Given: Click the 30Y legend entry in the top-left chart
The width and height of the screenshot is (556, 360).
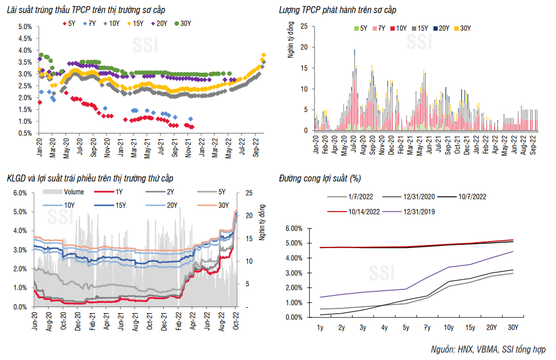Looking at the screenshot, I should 182,23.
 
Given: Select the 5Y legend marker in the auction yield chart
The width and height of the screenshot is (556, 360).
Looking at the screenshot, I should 66,23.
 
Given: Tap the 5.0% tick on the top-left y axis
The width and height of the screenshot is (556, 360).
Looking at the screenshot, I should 25,27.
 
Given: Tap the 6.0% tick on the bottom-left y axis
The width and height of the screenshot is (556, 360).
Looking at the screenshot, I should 19,193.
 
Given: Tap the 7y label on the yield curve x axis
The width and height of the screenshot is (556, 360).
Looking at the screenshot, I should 426,327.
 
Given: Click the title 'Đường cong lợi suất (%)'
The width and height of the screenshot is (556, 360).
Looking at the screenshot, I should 319,178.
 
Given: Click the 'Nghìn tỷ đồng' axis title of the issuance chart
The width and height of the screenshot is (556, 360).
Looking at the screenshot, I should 291,40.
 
